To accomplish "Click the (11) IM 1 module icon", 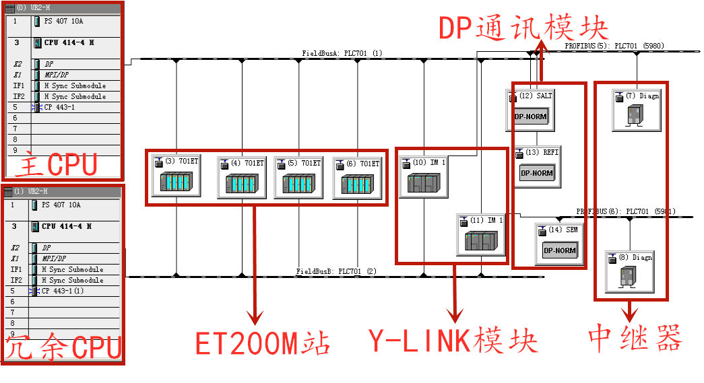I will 480,241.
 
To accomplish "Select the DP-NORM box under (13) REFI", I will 536,172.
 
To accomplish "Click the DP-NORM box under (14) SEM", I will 559,250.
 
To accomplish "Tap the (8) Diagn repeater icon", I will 629,277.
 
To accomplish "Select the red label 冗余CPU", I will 64,347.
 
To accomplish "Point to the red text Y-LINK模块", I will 453,341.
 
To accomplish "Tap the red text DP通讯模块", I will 523,28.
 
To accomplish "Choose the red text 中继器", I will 634,338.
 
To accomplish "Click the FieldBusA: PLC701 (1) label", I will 342,53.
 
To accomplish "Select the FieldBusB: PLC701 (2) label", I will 337,271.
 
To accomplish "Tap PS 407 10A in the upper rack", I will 62,22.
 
